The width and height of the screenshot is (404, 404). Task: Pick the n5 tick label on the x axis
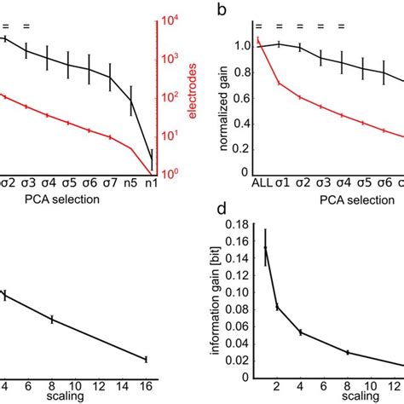tap(130, 182)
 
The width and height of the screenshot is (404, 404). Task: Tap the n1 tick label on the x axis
tap(152, 182)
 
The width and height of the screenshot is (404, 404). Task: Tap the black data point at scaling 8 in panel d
tap(347, 352)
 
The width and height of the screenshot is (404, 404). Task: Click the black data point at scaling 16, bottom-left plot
tap(146, 358)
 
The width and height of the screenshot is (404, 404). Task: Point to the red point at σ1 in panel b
tap(280, 83)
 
